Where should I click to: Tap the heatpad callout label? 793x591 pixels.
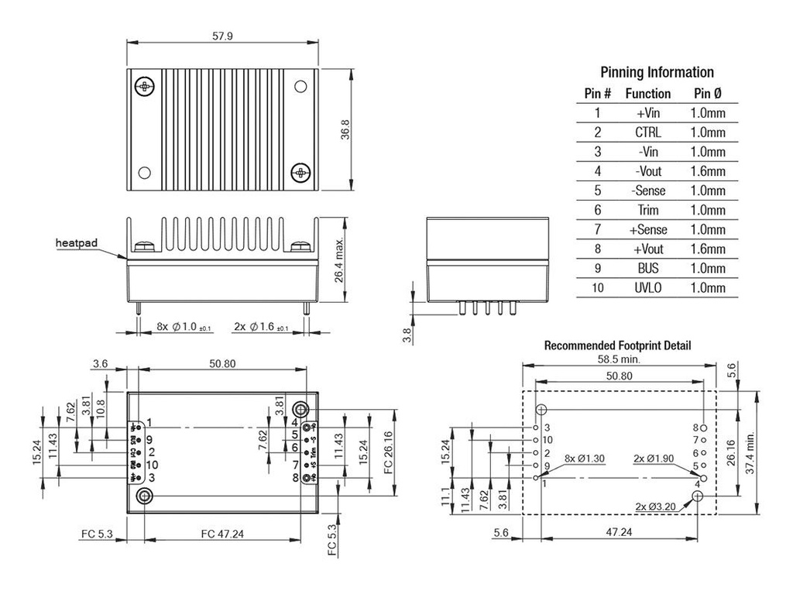coord(77,243)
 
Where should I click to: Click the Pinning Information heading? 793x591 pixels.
coord(657,72)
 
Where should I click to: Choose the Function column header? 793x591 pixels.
coord(647,94)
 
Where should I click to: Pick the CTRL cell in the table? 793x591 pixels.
coord(647,132)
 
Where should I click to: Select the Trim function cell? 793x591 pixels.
coord(647,210)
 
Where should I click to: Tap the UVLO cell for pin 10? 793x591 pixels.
coord(647,287)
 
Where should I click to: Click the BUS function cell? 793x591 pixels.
coord(647,268)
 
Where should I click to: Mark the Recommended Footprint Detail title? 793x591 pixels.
coord(617,345)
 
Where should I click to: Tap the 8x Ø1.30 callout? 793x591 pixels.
coord(584,458)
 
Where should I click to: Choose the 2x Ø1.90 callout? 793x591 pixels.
coord(654,458)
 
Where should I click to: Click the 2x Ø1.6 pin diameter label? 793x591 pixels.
coord(261,328)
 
